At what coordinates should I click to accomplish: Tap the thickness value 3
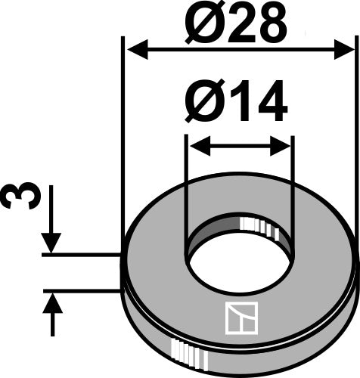point(17,198)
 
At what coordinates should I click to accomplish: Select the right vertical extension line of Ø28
point(355,151)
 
